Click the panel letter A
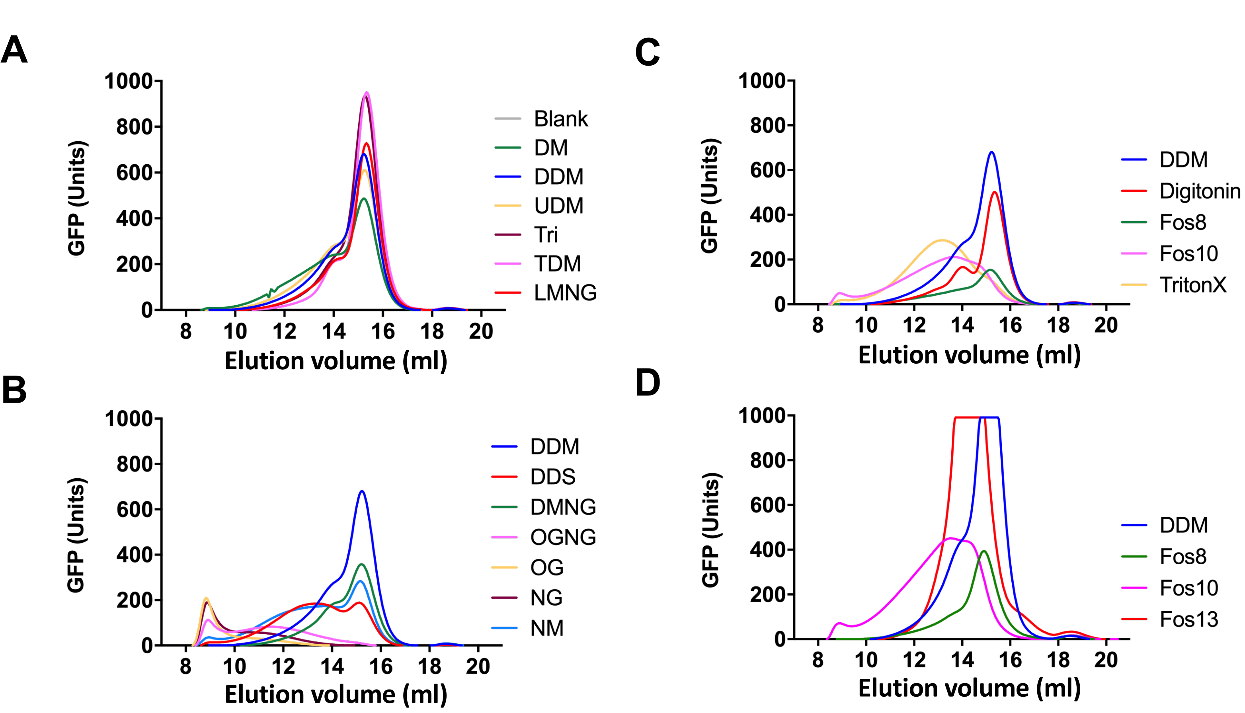[x=15, y=50]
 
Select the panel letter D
[x=648, y=383]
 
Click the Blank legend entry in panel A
[x=560, y=119]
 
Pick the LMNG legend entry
[x=565, y=293]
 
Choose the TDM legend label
[x=557, y=264]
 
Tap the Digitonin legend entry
[x=1200, y=191]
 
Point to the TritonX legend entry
[x=1192, y=285]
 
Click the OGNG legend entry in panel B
[x=563, y=537]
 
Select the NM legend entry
[x=546, y=628]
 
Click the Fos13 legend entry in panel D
[x=1188, y=619]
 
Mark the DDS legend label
[x=552, y=477]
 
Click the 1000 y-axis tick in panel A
[x=128, y=81]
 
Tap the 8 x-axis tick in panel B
[x=185, y=666]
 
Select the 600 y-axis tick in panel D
[x=767, y=505]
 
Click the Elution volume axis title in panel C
[x=969, y=355]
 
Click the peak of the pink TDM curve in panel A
[x=366, y=92]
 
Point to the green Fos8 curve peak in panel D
[x=984, y=551]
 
